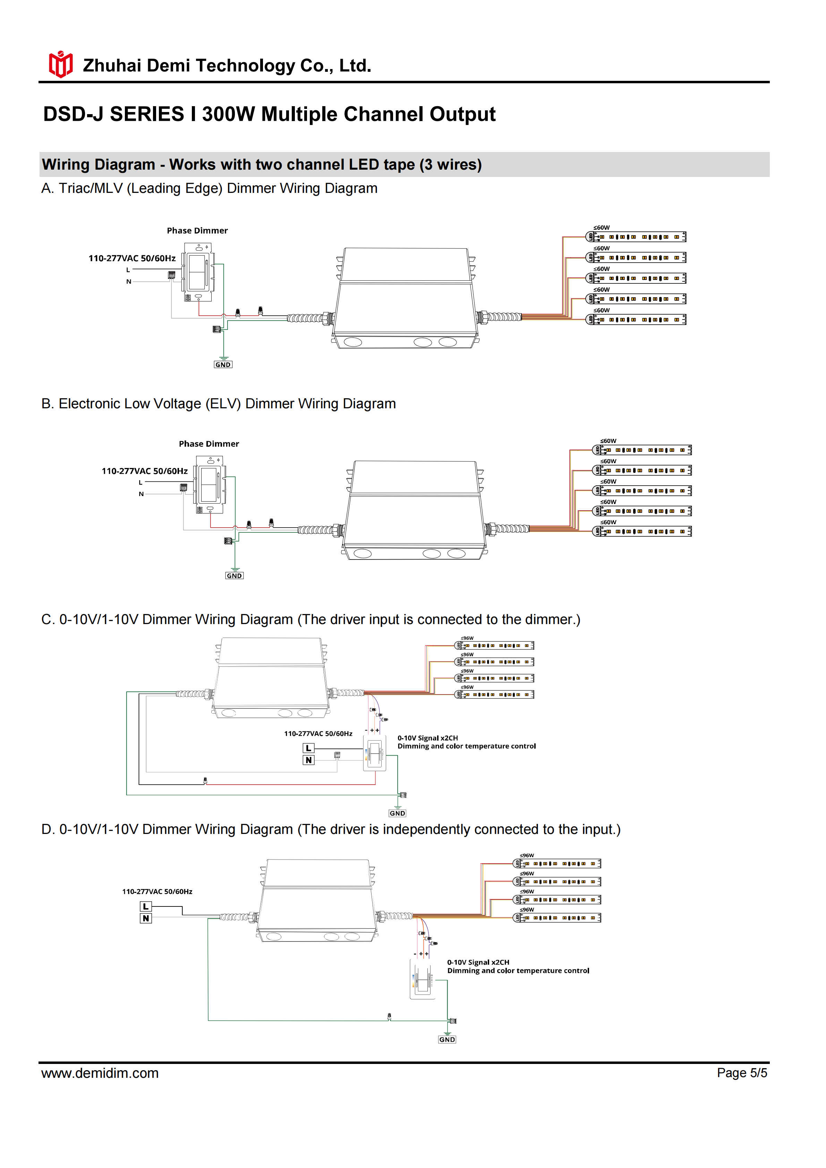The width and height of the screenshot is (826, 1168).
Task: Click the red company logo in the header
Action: click(60, 65)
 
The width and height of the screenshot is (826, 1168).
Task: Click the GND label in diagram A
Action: click(223, 365)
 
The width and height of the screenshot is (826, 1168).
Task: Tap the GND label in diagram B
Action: click(235, 576)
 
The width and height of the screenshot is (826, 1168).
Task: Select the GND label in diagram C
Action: click(397, 813)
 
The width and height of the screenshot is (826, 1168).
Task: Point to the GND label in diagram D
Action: click(447, 1039)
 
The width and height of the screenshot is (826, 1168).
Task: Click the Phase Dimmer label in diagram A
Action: click(197, 230)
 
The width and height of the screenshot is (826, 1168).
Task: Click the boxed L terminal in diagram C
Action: click(308, 748)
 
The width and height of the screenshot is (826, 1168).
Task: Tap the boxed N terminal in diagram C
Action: click(308, 760)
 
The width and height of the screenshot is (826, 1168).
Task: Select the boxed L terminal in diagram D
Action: click(145, 906)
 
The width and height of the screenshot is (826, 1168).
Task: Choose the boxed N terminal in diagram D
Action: click(145, 918)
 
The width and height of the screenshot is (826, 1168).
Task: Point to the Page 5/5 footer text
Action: click(742, 1073)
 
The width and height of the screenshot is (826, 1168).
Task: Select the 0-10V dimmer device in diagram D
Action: click(421, 979)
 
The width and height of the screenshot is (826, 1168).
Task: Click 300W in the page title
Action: click(228, 114)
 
